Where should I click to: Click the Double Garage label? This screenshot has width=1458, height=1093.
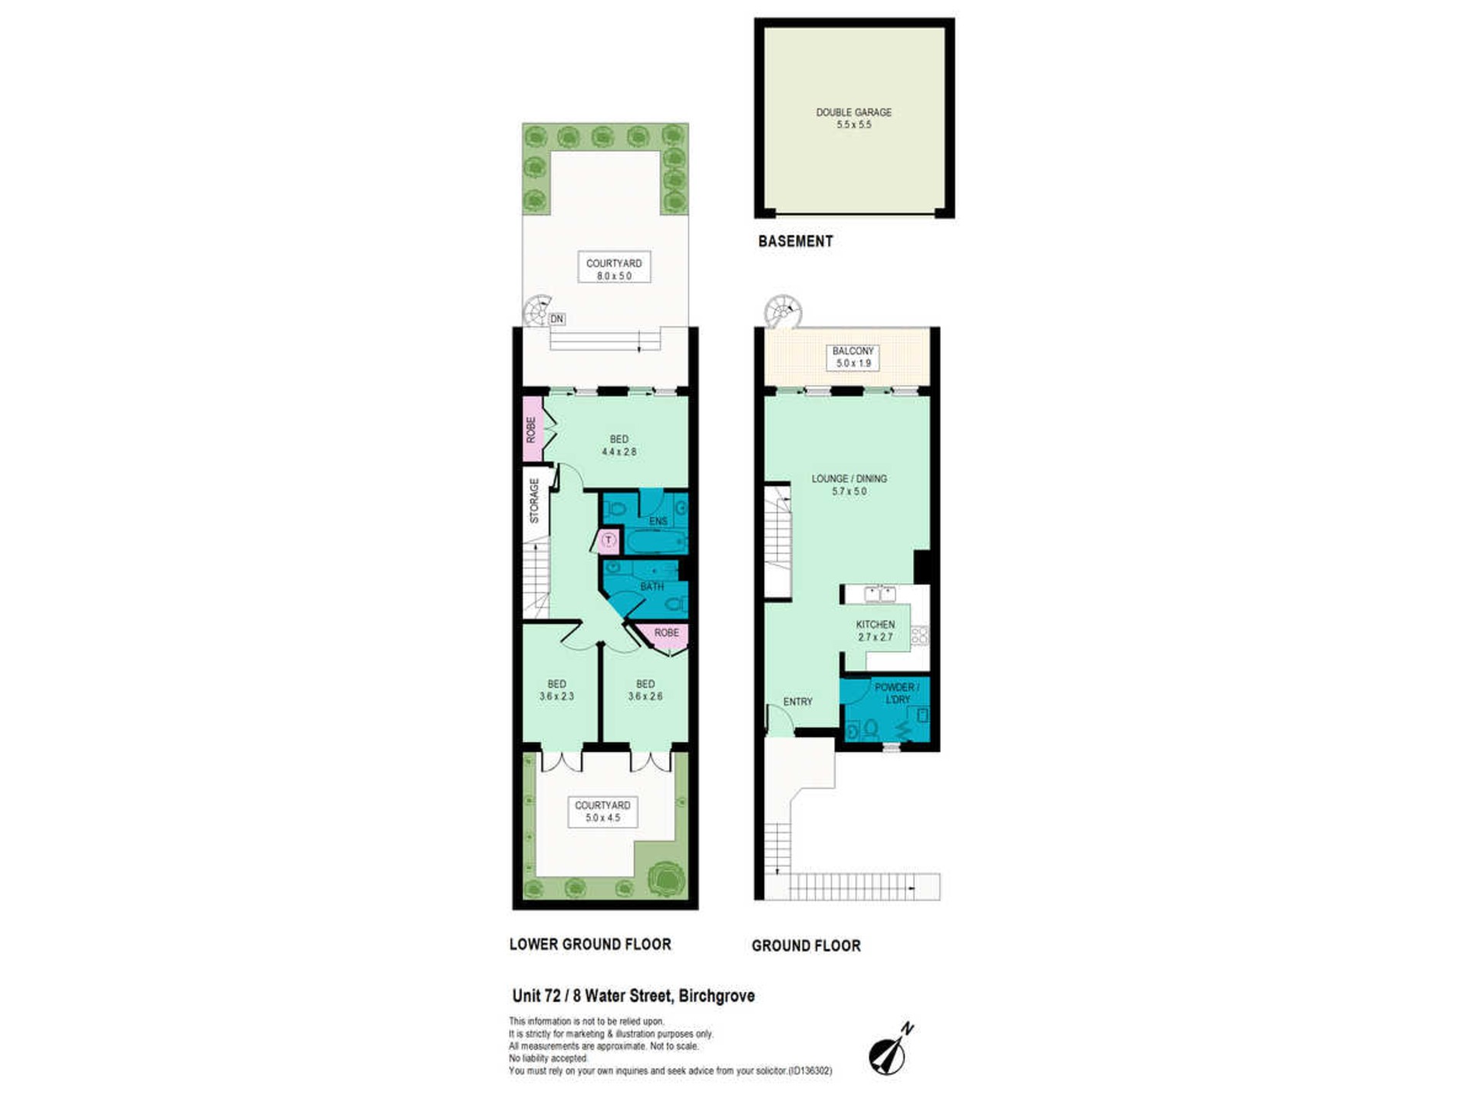pyautogui.click(x=853, y=118)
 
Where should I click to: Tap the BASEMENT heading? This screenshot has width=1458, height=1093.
pyautogui.click(x=795, y=241)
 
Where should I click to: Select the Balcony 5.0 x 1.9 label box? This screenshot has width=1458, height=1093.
pyautogui.click(x=853, y=357)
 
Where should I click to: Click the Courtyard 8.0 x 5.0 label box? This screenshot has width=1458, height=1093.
pyautogui.click(x=614, y=267)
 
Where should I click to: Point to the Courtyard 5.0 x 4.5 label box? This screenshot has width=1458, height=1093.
pyautogui.click(x=602, y=812)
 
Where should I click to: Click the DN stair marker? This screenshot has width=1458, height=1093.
pyautogui.click(x=556, y=319)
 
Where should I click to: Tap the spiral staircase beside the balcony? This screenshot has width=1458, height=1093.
pyautogui.click(x=783, y=311)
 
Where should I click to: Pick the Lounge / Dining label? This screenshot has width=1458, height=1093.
pyautogui.click(x=849, y=485)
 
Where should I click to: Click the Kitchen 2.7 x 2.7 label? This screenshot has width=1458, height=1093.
pyautogui.click(x=875, y=630)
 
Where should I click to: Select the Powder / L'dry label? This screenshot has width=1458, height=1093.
pyautogui.click(x=896, y=693)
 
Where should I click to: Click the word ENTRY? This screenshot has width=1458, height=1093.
pyautogui.click(x=797, y=702)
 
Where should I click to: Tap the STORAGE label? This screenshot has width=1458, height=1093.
pyautogui.click(x=534, y=501)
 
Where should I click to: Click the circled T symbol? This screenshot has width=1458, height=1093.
pyautogui.click(x=609, y=541)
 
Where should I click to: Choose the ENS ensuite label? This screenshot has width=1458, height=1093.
pyautogui.click(x=658, y=522)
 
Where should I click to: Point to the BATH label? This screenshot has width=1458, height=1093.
pyautogui.click(x=652, y=587)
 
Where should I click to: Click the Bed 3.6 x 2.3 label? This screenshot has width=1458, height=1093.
pyautogui.click(x=556, y=690)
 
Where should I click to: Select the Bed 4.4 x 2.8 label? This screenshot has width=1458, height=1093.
pyautogui.click(x=618, y=446)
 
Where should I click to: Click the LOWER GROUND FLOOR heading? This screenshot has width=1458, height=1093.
pyautogui.click(x=590, y=944)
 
